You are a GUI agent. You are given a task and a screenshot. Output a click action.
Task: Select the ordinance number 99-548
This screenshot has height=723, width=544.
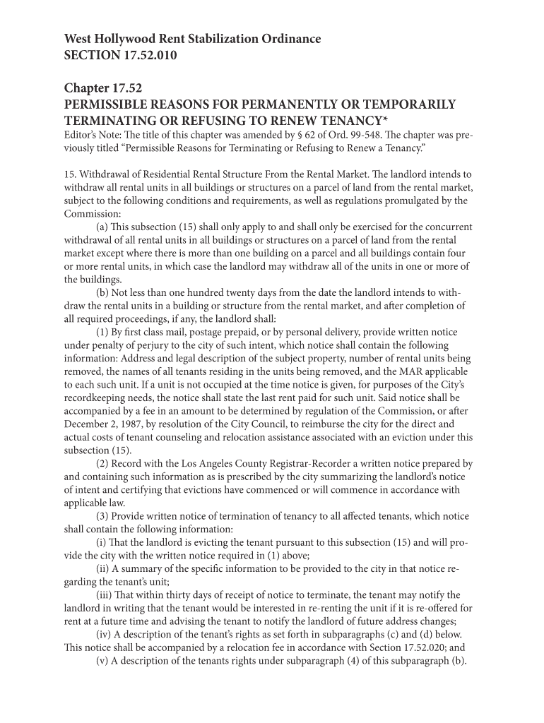pos(367,136)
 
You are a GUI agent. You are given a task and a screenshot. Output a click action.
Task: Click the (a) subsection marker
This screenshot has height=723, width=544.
pos(102,227)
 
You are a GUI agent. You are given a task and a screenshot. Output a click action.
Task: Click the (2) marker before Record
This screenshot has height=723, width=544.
pos(102,464)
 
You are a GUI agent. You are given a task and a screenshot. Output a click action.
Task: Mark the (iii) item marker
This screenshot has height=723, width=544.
pos(106,595)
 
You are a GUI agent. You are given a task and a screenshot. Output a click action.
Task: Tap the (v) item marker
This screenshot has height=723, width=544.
pos(104,661)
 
